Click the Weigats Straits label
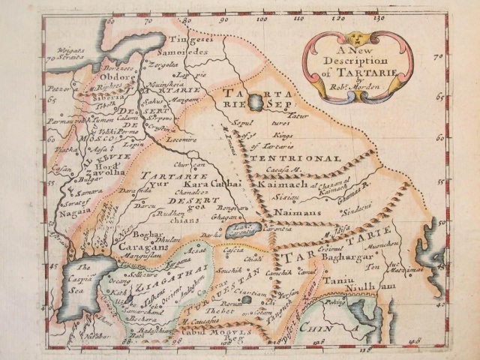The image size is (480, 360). tap(62, 52)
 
